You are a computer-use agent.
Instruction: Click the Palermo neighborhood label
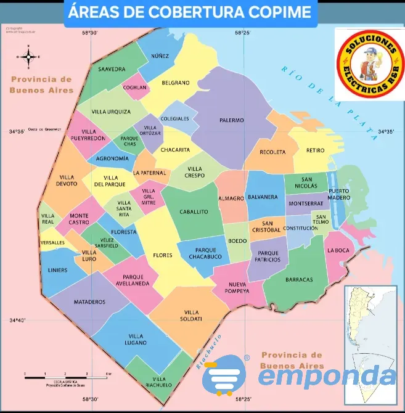(x=232, y=120)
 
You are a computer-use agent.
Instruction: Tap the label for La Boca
(x=338, y=250)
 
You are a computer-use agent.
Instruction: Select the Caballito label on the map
(x=194, y=212)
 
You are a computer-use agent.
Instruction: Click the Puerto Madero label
(x=339, y=194)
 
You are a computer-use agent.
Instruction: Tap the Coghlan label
(x=134, y=88)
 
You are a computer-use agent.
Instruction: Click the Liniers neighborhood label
(x=58, y=270)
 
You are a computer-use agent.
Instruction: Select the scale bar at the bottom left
(x=67, y=374)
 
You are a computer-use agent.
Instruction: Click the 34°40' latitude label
(x=17, y=321)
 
